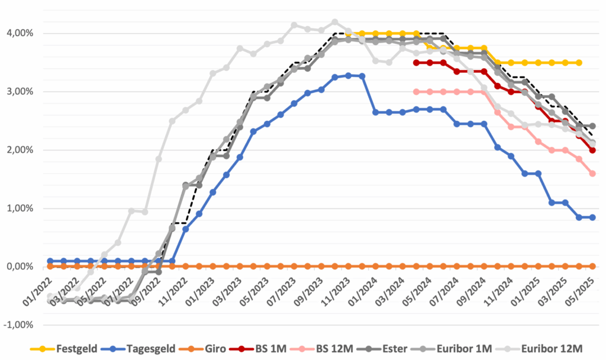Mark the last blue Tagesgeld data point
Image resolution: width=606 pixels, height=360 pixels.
tap(592, 217)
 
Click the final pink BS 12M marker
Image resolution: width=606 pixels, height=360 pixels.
tap(592, 173)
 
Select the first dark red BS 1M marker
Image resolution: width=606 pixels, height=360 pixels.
tap(416, 62)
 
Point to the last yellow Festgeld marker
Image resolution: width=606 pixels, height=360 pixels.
tap(579, 62)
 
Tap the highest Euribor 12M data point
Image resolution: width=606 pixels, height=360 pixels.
tap(335, 22)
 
